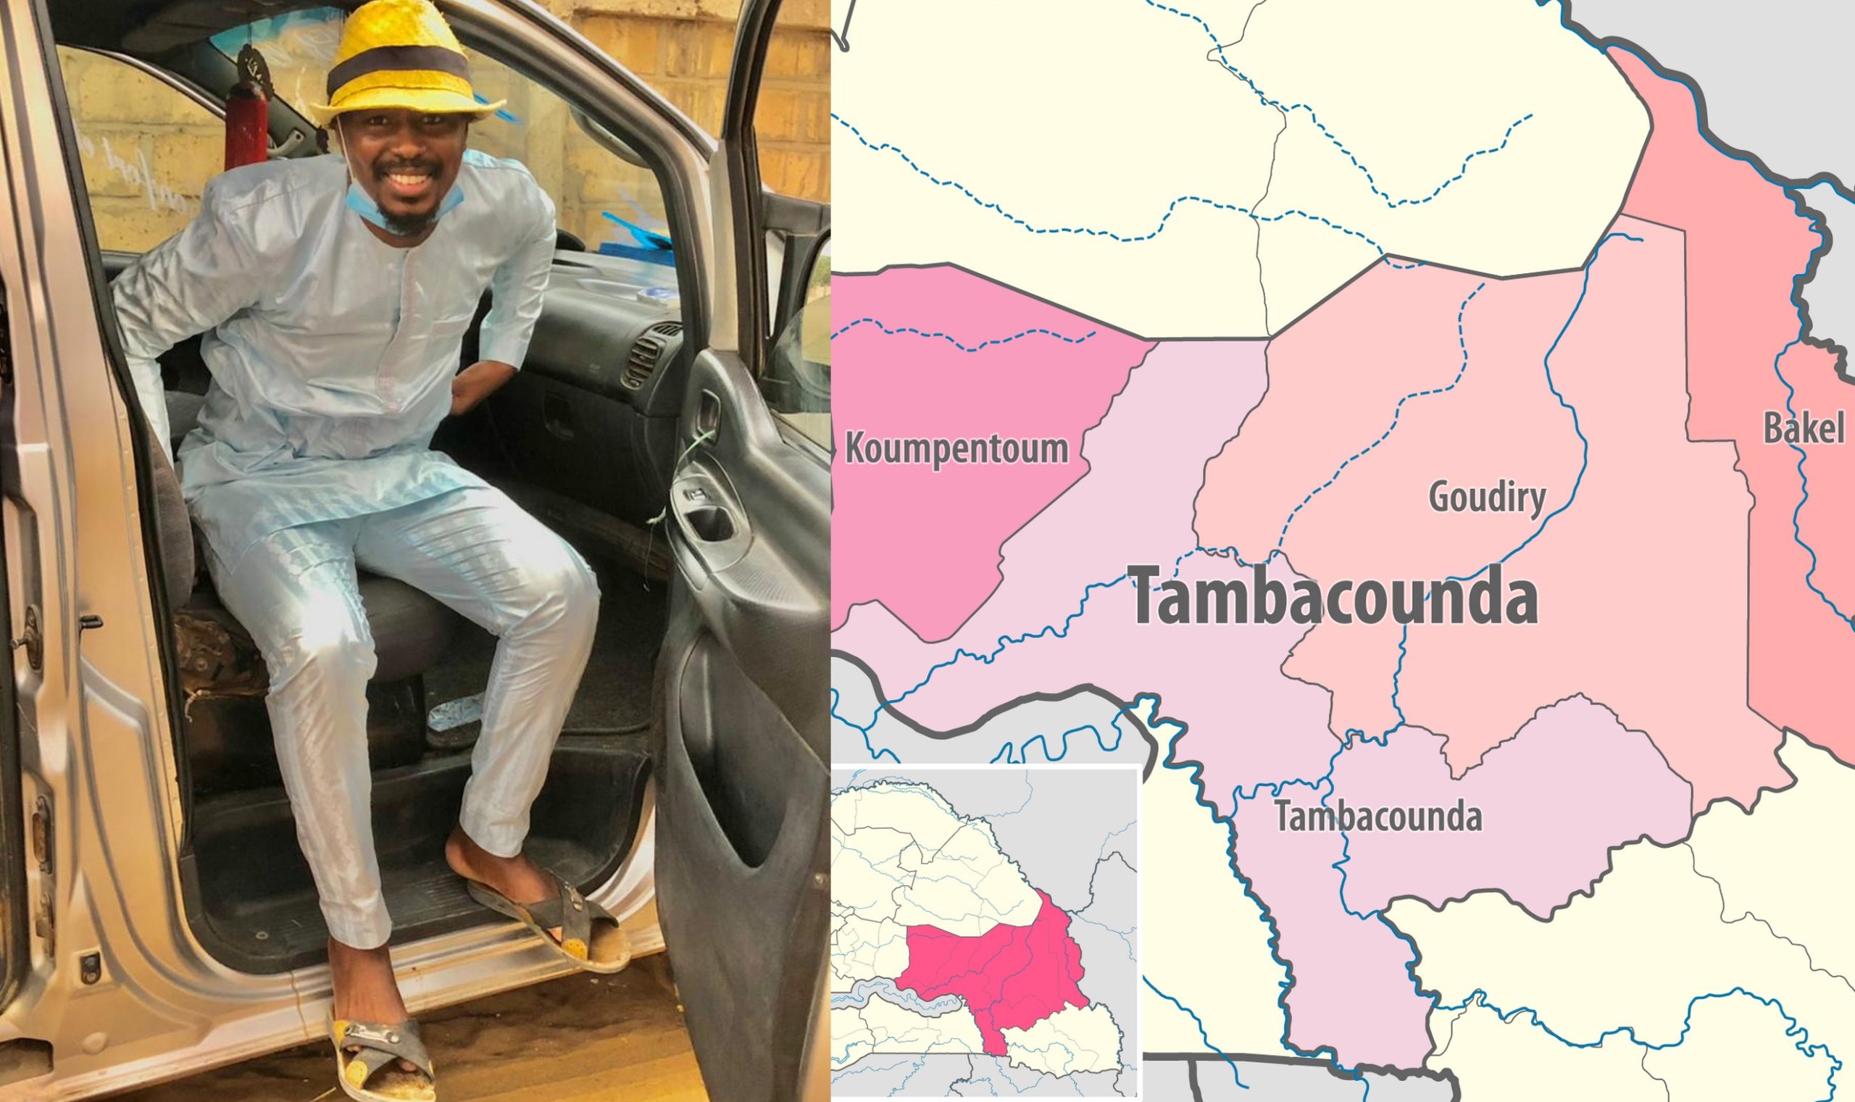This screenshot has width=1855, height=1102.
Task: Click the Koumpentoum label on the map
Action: coord(956,448)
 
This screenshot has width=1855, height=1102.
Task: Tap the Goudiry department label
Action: coord(1488,497)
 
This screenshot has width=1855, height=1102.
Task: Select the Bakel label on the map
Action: coord(1803,428)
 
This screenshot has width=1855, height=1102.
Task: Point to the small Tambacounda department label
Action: coord(1378,816)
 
